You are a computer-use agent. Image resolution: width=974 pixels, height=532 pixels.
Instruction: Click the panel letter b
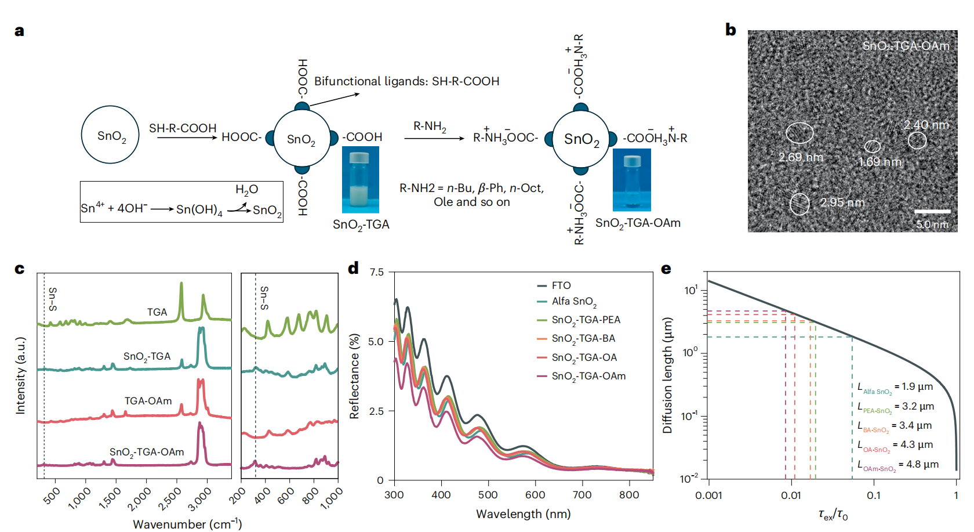(731, 30)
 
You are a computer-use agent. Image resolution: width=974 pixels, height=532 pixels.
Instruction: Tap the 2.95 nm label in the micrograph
(842, 203)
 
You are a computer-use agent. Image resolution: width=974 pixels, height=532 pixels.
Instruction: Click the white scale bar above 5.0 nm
(932, 211)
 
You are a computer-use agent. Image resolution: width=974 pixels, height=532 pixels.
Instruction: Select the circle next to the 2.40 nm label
(917, 140)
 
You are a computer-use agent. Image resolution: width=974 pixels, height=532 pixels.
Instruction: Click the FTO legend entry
(561, 285)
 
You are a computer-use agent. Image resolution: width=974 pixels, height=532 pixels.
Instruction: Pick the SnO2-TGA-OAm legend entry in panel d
(588, 376)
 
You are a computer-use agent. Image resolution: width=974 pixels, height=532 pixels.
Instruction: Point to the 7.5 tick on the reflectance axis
(377, 272)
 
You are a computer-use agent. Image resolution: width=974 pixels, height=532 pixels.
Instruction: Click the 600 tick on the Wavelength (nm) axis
(535, 495)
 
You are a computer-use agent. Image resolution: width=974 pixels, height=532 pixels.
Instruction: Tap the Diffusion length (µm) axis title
(667, 375)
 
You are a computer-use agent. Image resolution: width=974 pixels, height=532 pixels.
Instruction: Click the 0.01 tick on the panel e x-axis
(791, 495)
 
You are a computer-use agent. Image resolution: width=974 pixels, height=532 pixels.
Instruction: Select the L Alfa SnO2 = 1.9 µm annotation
(895, 388)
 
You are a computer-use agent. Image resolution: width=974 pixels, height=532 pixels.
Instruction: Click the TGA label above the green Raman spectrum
(157, 312)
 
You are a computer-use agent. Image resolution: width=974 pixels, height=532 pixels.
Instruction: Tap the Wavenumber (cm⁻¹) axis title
(187, 524)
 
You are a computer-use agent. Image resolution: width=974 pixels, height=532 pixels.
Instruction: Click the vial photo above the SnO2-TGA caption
(360, 180)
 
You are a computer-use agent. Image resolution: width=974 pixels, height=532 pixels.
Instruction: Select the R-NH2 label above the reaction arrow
(430, 127)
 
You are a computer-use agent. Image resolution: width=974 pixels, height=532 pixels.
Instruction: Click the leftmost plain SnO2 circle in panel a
(110, 135)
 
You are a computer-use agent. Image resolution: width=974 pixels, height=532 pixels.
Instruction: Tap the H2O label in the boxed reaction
(246, 190)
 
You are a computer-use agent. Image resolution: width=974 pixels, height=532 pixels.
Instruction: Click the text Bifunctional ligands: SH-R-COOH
(406, 81)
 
